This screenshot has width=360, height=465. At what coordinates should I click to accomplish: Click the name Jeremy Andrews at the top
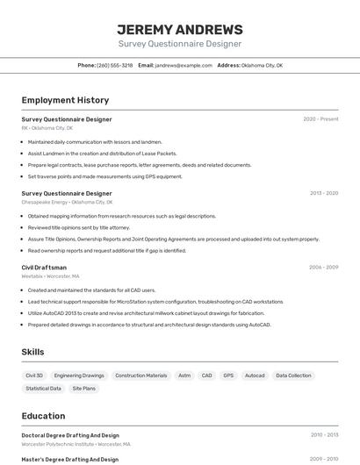(180, 29)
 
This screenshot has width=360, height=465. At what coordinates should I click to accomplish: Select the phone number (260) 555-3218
(114, 65)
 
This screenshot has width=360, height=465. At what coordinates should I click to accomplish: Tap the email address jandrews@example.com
(184, 65)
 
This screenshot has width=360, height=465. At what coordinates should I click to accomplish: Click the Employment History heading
(65, 100)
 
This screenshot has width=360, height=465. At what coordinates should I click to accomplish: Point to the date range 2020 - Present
(320, 119)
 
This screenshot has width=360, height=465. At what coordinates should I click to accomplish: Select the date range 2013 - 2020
(323, 193)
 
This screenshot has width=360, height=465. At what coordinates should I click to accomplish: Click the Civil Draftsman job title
(44, 268)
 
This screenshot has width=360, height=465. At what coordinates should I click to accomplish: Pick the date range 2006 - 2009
(323, 268)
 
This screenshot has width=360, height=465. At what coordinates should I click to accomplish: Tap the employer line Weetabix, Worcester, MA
(50, 275)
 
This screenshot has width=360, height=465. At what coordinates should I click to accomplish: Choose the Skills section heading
(33, 352)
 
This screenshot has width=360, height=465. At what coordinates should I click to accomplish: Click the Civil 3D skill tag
(34, 376)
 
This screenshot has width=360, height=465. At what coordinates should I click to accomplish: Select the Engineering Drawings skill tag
(79, 376)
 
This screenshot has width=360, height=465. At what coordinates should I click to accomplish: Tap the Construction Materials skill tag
(140, 376)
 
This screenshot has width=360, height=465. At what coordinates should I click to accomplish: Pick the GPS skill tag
(228, 376)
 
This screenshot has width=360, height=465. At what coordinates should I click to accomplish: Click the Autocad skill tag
(255, 376)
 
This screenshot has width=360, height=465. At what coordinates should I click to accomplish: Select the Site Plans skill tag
(84, 388)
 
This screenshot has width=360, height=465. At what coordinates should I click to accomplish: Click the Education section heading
(43, 416)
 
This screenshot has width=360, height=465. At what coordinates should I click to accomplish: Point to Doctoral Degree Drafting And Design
(70, 435)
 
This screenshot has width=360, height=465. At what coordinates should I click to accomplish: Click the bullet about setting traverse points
(105, 176)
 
